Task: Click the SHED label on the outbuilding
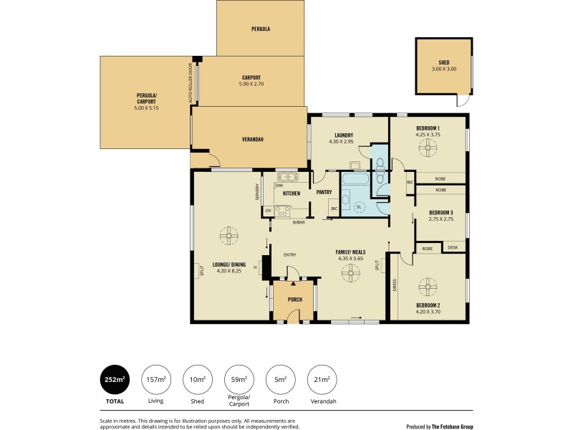coord(443,62)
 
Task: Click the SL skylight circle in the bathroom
coord(359,207)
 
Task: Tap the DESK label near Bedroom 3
coord(452,248)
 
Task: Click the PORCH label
coord(294,299)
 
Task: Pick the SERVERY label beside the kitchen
coord(256,192)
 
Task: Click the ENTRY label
coord(289,255)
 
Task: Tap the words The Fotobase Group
coord(459,425)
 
